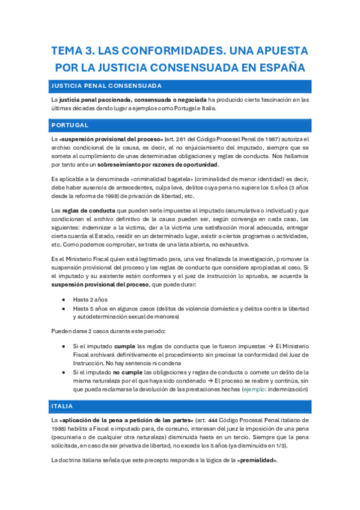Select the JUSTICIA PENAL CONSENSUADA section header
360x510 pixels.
coord(106,85)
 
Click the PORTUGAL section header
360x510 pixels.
coord(70,125)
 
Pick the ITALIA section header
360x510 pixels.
coord(63,405)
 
